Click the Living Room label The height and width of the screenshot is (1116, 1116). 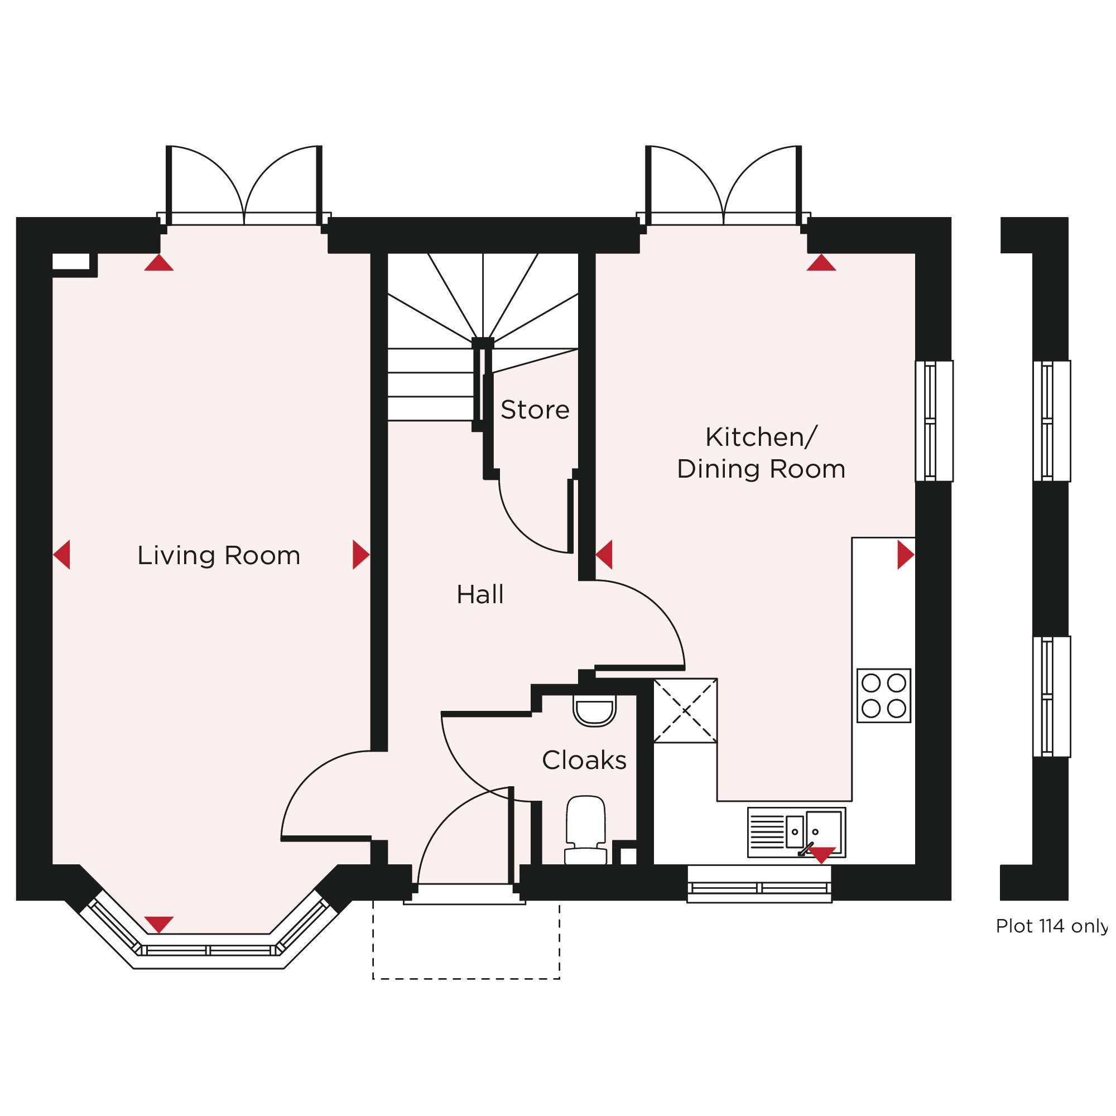pyautogui.click(x=219, y=556)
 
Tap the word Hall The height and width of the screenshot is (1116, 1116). pyautogui.click(x=480, y=594)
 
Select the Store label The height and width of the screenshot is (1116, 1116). pyautogui.click(x=535, y=410)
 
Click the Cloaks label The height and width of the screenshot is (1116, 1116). pyautogui.click(x=584, y=760)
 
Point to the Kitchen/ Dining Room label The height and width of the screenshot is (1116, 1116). pyautogui.click(x=761, y=453)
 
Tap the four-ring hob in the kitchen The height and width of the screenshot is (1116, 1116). pyautogui.click(x=884, y=695)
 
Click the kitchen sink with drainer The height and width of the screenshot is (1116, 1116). pyautogui.click(x=797, y=833)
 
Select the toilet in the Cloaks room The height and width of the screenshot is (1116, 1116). pyautogui.click(x=586, y=831)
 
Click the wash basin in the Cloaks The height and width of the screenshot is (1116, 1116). pyautogui.click(x=594, y=711)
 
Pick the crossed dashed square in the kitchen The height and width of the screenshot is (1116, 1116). pyautogui.click(x=685, y=710)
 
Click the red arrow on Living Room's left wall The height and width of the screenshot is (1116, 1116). pyautogui.click(x=62, y=555)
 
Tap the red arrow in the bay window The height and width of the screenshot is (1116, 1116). pyautogui.click(x=159, y=924)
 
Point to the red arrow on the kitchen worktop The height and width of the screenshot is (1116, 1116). pyautogui.click(x=906, y=555)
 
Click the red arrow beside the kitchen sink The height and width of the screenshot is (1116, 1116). pyautogui.click(x=821, y=855)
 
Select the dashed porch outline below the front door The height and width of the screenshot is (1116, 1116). pyautogui.click(x=466, y=979)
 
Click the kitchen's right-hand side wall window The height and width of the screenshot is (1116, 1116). pyautogui.click(x=934, y=421)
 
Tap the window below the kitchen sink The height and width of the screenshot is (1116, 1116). pyautogui.click(x=759, y=884)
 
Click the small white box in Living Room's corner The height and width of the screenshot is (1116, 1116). pyautogui.click(x=71, y=261)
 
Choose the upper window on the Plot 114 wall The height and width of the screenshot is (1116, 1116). pyautogui.click(x=1052, y=421)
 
